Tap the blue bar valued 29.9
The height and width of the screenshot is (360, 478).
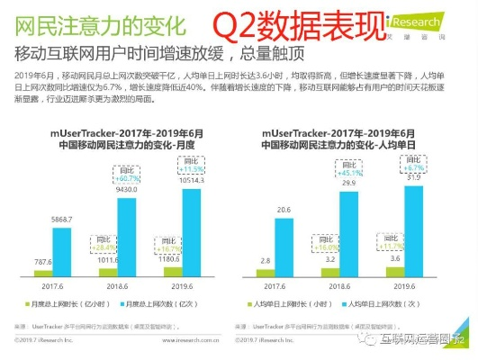[348, 220]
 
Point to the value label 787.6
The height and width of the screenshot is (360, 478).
[39, 262]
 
